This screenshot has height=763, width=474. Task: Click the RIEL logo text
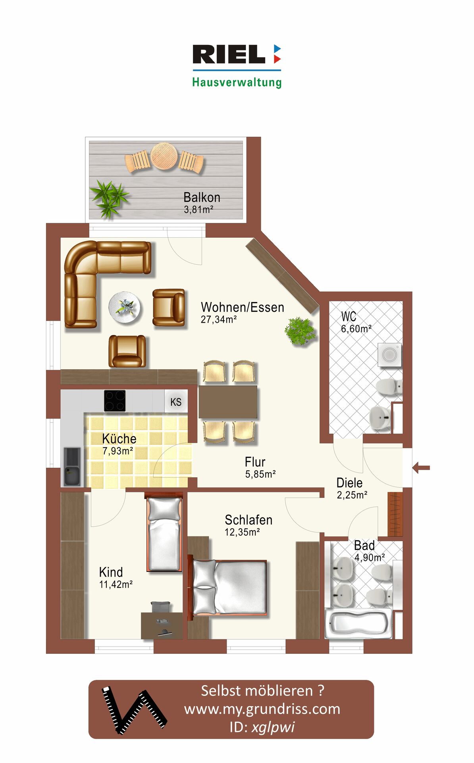229,54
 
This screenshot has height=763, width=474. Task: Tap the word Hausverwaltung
237,82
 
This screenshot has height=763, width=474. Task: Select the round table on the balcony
164,156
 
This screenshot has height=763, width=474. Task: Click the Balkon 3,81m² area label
202,203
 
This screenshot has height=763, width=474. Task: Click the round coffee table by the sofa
125,308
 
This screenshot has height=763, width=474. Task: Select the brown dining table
228,402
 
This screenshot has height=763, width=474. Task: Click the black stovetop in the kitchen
115,401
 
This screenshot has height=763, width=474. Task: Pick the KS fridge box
176,401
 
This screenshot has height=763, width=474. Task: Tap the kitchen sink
72,467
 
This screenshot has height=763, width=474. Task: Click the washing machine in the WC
389,355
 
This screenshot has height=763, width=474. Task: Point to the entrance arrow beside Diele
421,467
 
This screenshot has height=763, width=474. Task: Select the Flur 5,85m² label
260,468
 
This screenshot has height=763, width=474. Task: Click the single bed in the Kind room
164,533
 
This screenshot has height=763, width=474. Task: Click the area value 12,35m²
242,532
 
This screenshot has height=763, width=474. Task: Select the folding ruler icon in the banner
134,710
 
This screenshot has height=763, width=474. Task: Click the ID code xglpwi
273,727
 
